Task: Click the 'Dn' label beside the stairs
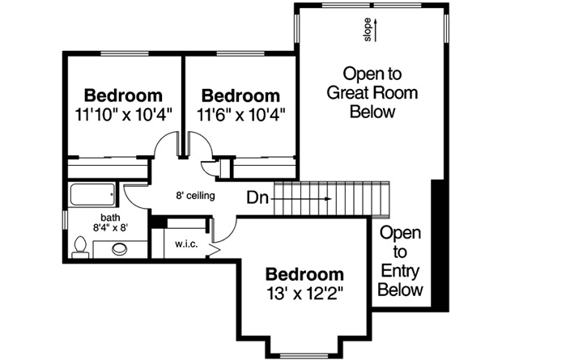click(258, 197)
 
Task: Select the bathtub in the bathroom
click(92, 195)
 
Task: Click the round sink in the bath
click(119, 249)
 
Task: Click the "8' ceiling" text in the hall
click(195, 196)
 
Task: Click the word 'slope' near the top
click(367, 31)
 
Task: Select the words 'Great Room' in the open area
click(372, 92)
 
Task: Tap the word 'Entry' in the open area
click(401, 271)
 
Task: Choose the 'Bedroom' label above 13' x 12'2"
click(304, 273)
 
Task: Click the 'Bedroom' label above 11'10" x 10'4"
click(123, 95)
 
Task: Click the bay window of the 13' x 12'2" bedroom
click(304, 354)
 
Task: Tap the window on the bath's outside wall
click(65, 219)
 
